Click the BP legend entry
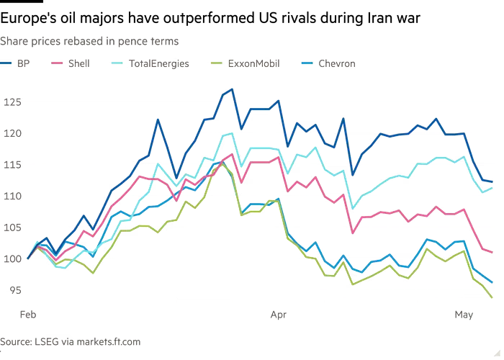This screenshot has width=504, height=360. [15, 63]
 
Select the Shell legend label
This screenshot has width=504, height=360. [71, 63]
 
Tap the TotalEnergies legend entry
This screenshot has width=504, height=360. [150, 63]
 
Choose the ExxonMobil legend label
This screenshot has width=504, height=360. [245, 63]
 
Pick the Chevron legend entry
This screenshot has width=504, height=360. [328, 63]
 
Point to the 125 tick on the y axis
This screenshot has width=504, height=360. [12, 102]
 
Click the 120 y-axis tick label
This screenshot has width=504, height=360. [12, 133]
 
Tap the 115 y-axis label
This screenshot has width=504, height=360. [12, 165]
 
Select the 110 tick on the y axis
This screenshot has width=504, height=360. [12, 196]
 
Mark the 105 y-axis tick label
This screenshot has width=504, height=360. [12, 228]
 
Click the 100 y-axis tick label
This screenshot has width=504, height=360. [12, 258]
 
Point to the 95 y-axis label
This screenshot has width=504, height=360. [15, 290]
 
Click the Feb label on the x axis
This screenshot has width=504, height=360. [28, 315]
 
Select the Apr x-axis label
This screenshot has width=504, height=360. [279, 315]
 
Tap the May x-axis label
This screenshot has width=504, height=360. [464, 315]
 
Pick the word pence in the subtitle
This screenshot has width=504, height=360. [132, 42]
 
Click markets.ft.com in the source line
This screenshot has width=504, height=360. [108, 341]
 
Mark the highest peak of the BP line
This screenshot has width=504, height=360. [232, 89]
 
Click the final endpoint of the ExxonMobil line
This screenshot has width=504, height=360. [492, 297]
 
